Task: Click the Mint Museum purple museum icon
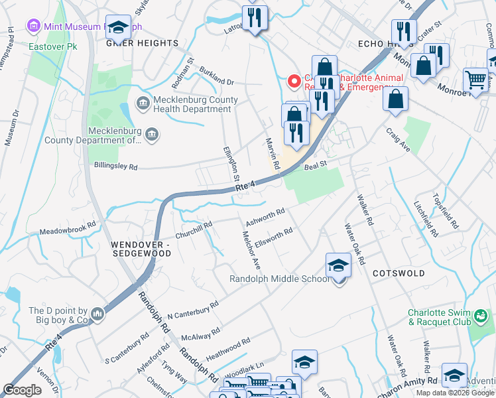click(34, 27)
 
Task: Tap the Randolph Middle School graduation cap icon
click(338, 265)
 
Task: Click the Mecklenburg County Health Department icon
click(143, 103)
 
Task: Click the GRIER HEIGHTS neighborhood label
click(142, 43)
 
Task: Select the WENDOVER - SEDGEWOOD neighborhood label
click(141, 249)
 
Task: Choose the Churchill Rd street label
click(194, 230)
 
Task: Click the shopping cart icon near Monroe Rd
click(475, 80)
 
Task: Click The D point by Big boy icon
click(97, 313)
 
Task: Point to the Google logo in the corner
click(22, 390)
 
